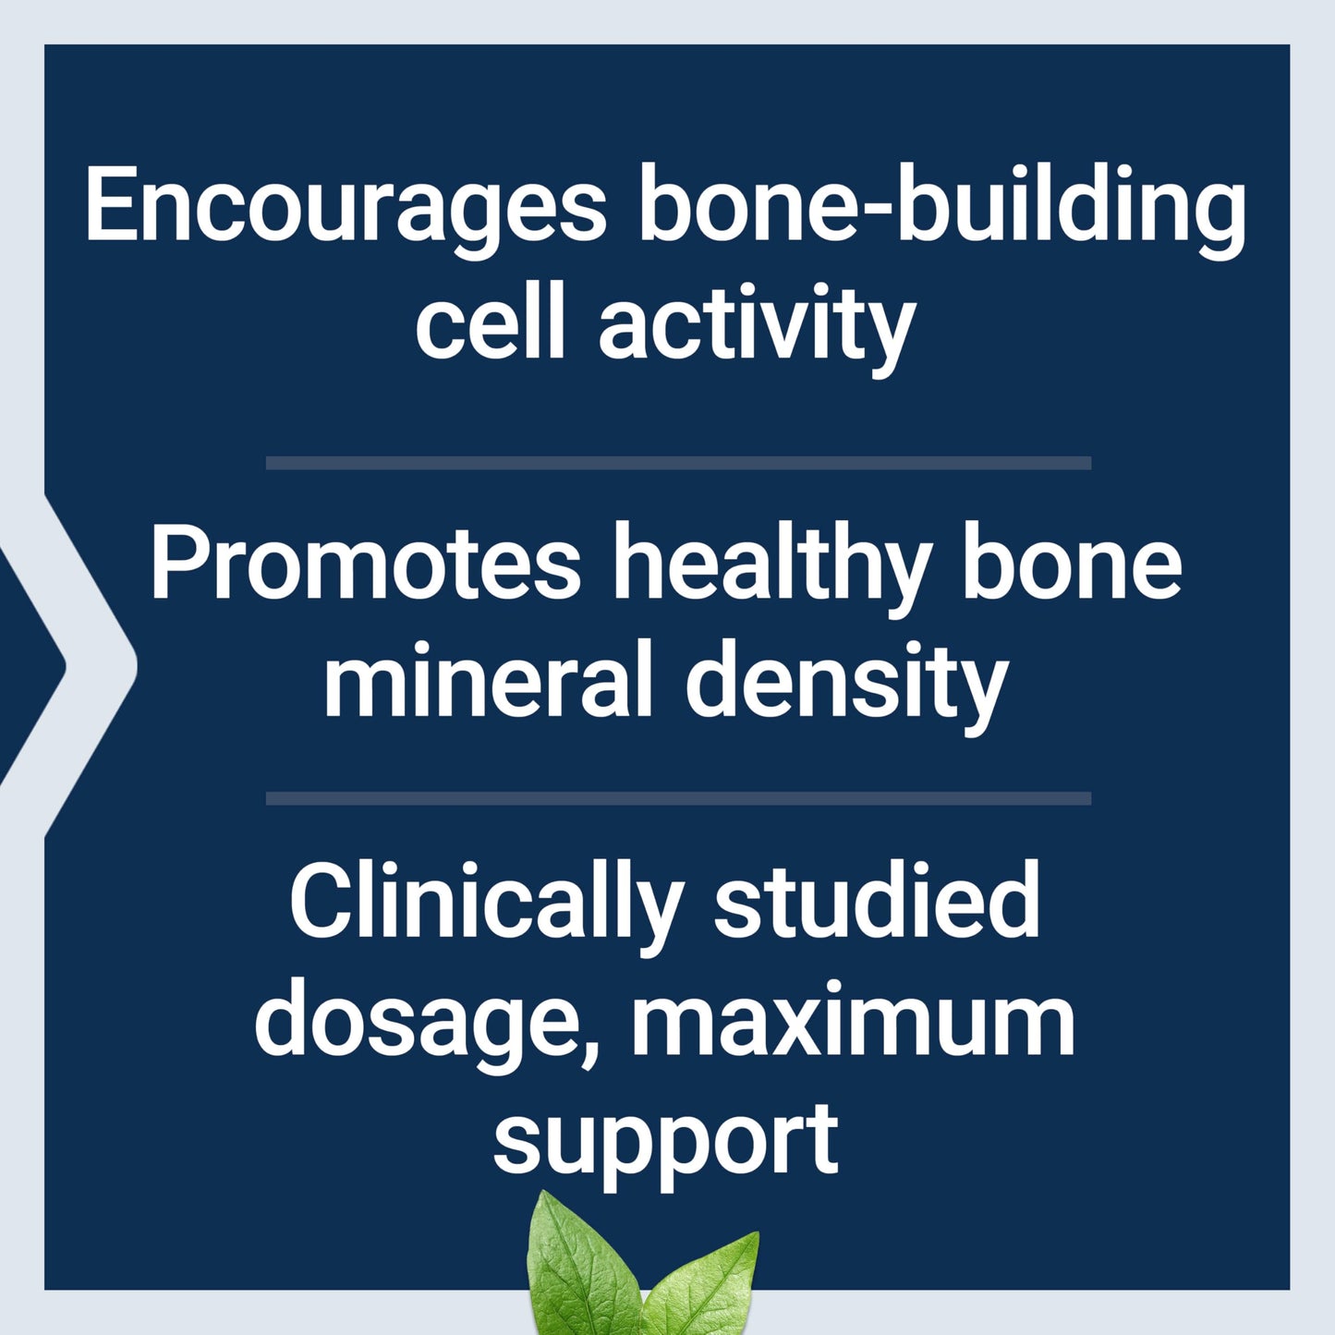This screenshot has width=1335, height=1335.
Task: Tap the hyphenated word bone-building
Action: tap(942, 205)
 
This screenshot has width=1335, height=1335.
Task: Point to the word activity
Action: tap(756, 325)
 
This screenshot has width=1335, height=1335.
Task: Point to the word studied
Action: tap(877, 900)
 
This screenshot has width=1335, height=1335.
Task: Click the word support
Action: tap(665, 1142)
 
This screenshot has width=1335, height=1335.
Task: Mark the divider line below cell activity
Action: tap(678, 463)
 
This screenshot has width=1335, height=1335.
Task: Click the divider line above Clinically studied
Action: tap(678, 798)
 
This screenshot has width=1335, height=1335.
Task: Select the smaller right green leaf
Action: tap(708, 1289)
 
